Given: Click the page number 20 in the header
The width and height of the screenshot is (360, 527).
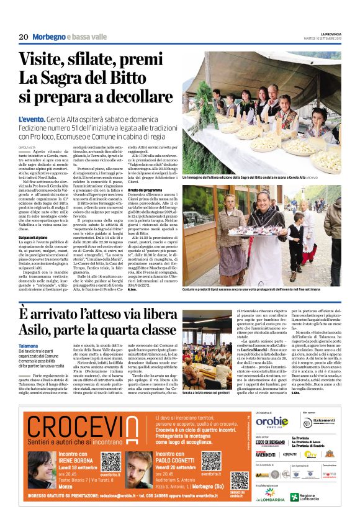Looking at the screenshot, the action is coord(24,37).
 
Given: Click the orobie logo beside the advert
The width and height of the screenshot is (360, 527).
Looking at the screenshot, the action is coord(271,421).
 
